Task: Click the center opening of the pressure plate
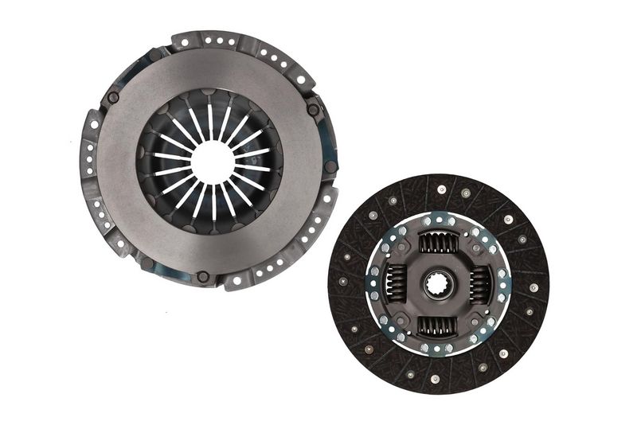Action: pos(212,162)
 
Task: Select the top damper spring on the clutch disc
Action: pos(438,242)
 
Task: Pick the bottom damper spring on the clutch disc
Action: pos(437,324)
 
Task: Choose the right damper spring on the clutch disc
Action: pos(479,283)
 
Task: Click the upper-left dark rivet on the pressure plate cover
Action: pos(113,98)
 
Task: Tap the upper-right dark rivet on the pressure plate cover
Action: pos(313,110)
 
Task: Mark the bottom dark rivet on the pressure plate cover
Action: pos(203,276)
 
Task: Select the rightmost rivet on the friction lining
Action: pos(533,287)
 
